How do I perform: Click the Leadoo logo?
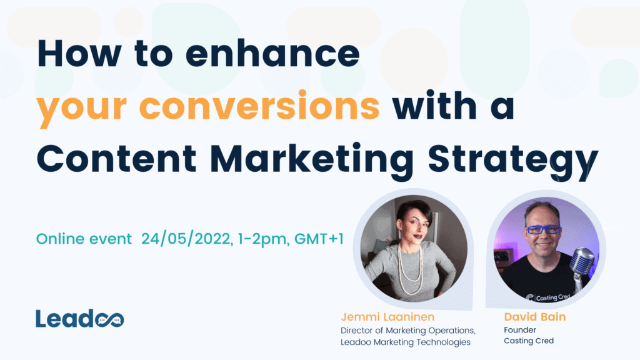pyautogui.click(x=79, y=318)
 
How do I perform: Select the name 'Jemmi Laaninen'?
pyautogui.click(x=387, y=317)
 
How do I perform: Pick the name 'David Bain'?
pyautogui.click(x=534, y=317)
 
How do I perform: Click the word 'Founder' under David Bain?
pyautogui.click(x=520, y=329)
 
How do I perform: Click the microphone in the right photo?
pyautogui.click(x=582, y=262)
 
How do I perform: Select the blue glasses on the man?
pyautogui.click(x=542, y=229)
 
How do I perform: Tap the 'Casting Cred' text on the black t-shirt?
pyautogui.click(x=547, y=297)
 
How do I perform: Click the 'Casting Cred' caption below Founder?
pyautogui.click(x=529, y=341)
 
